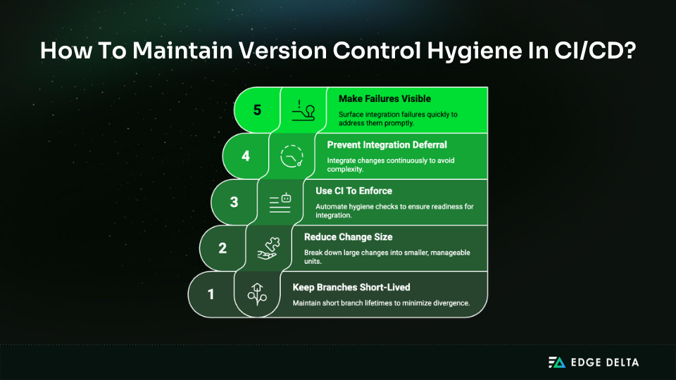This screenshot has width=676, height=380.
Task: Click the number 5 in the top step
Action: coord(258,110)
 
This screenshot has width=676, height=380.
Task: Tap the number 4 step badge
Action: coord(246,156)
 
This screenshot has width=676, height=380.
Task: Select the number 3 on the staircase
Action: coord(234,202)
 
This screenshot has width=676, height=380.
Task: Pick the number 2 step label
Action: coord(222,248)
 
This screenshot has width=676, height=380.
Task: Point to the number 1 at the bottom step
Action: coord(211,293)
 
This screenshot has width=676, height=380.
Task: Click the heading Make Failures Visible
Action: coord(384,99)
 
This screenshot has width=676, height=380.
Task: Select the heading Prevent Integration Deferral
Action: coord(387,145)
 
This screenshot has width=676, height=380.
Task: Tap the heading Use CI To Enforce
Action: coord(353,191)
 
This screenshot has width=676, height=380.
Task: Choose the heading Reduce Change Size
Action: coord(348,237)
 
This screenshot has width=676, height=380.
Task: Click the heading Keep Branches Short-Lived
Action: coord(351,287)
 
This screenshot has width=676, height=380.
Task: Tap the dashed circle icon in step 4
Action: coord(292,156)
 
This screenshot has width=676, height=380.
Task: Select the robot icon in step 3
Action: coord(280,202)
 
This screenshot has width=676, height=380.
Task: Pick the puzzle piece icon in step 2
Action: coord(268,248)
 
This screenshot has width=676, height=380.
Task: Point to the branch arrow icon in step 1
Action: coord(256,294)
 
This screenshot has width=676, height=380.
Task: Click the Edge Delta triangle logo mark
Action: coord(557,362)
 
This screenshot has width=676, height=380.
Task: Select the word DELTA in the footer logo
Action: coord(619,362)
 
